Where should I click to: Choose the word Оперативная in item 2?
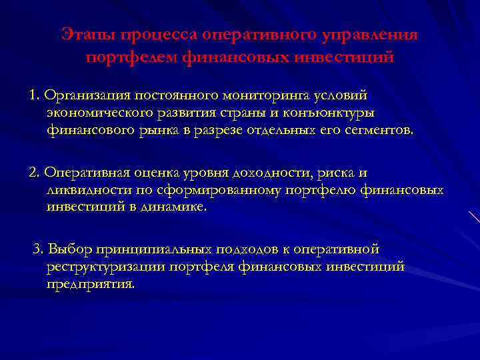point(87,173)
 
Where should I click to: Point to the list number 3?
point(38,249)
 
